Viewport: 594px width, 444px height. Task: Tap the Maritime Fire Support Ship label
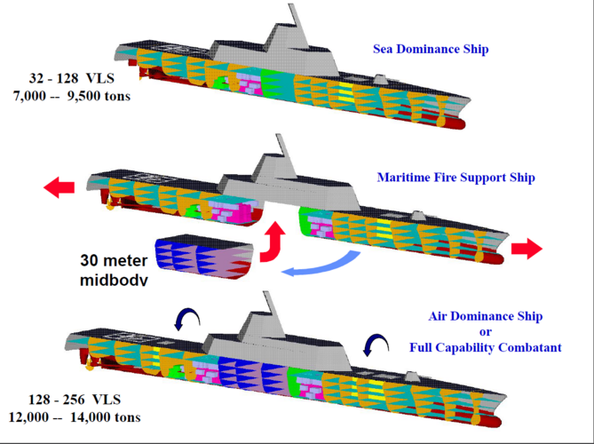pos(455,178)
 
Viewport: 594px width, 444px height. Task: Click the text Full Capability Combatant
pos(485,347)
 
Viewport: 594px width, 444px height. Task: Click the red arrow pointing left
pos(59,187)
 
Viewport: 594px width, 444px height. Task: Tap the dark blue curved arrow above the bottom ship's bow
pos(376,342)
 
